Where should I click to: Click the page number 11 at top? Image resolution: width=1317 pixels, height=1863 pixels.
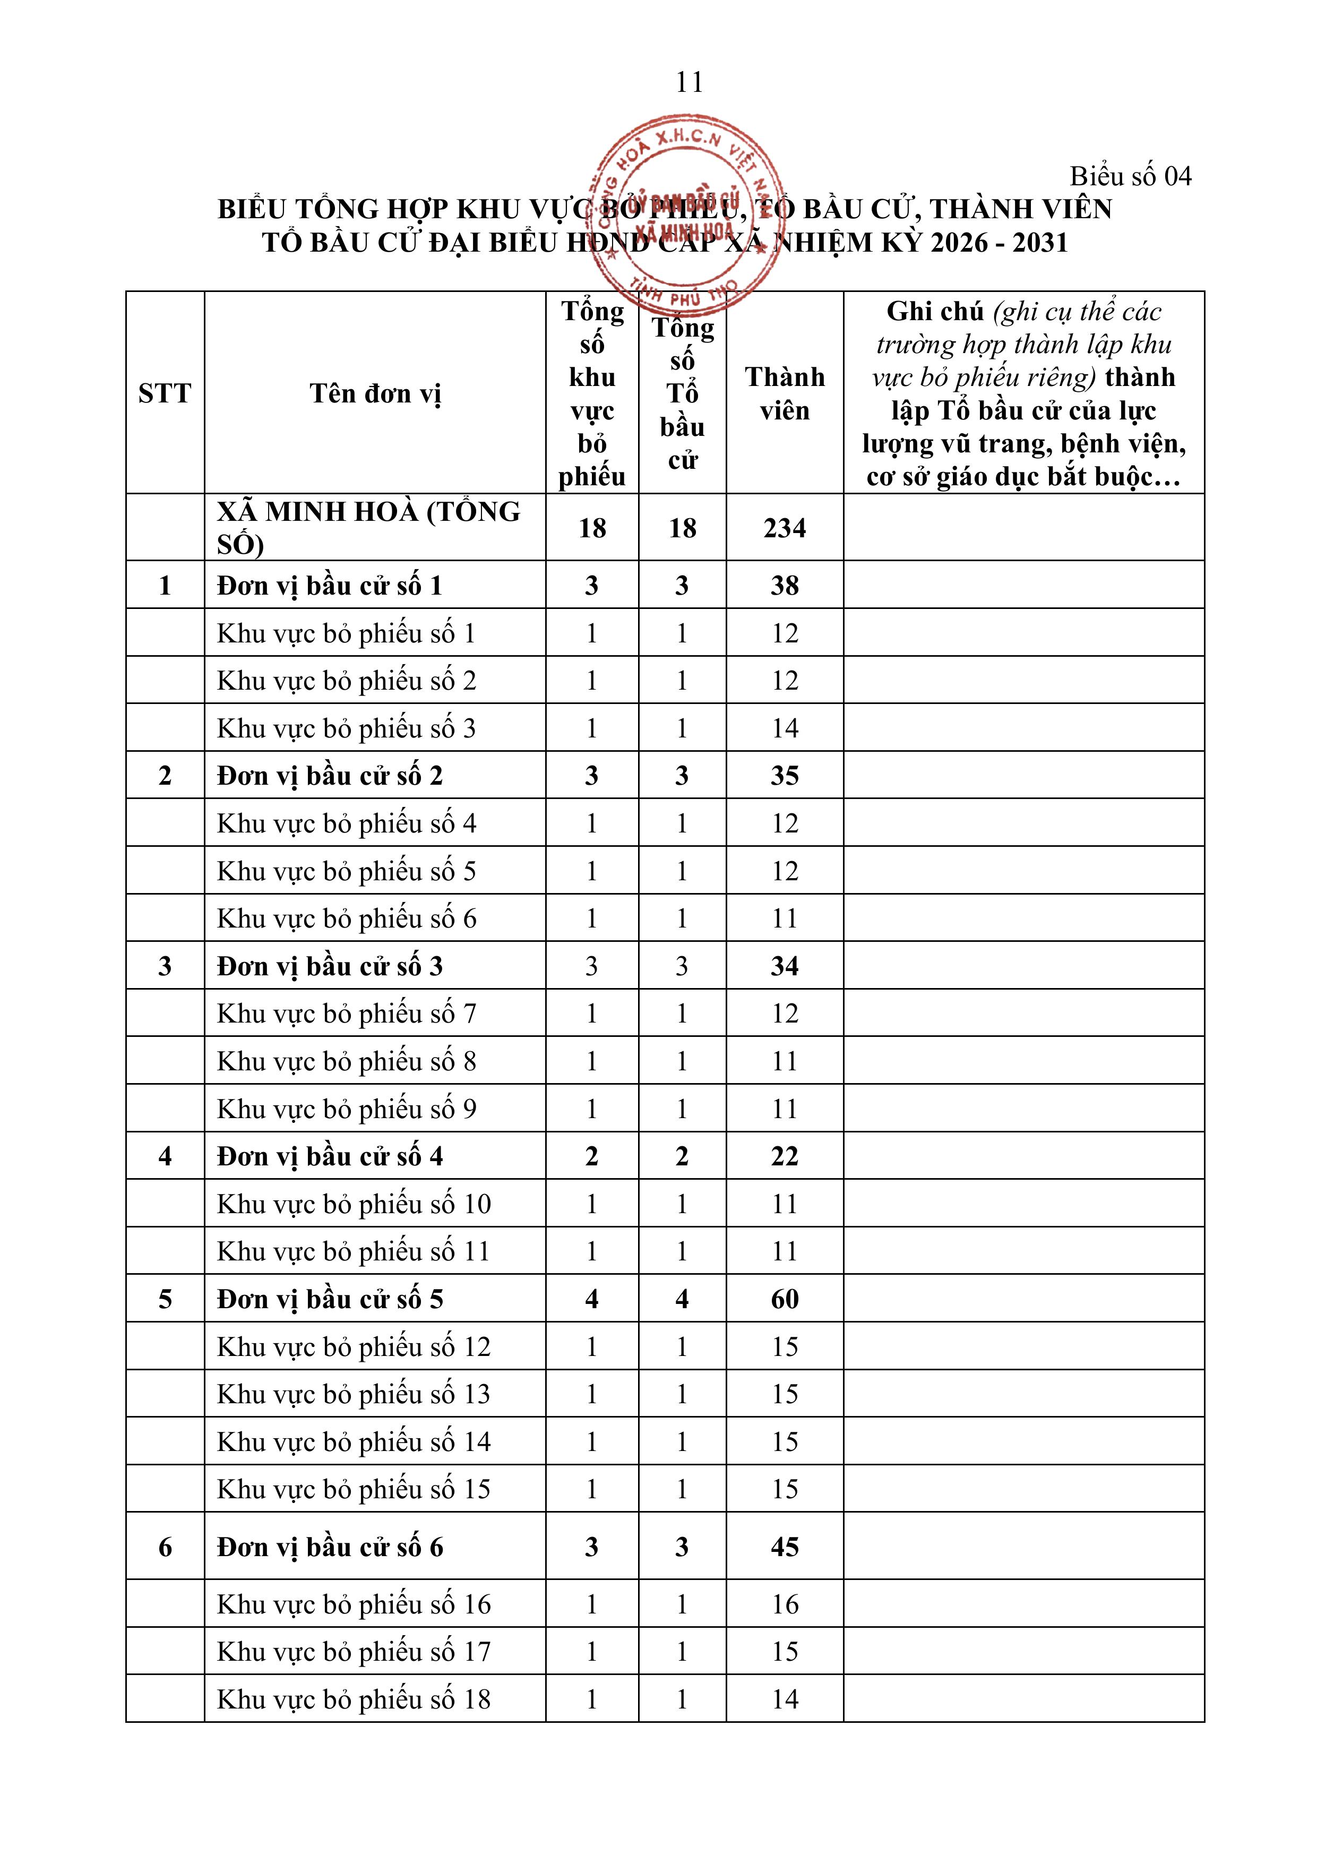689,82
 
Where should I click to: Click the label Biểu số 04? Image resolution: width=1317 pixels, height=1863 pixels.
1130,176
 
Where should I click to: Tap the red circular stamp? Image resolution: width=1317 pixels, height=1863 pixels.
690,212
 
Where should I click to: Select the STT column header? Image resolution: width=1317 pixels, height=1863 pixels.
165,393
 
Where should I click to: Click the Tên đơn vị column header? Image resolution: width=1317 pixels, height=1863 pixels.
375,393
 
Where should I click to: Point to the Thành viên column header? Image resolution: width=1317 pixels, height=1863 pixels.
785,393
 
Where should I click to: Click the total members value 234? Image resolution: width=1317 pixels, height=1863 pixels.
785,528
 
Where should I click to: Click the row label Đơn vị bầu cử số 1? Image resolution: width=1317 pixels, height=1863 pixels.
330,585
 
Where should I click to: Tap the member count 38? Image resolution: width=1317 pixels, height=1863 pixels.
785,585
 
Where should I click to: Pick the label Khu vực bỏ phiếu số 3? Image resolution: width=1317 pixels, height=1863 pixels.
347,728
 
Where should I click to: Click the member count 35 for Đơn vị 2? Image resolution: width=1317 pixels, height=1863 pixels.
785,776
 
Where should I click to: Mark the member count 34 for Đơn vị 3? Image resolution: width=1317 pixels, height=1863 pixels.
785,966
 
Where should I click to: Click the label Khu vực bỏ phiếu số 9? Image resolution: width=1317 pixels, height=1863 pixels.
347,1109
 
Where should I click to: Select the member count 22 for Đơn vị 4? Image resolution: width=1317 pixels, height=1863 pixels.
785,1156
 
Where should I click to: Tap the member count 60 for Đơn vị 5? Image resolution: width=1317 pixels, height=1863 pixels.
785,1299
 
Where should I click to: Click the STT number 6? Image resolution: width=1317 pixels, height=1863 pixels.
165,1547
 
